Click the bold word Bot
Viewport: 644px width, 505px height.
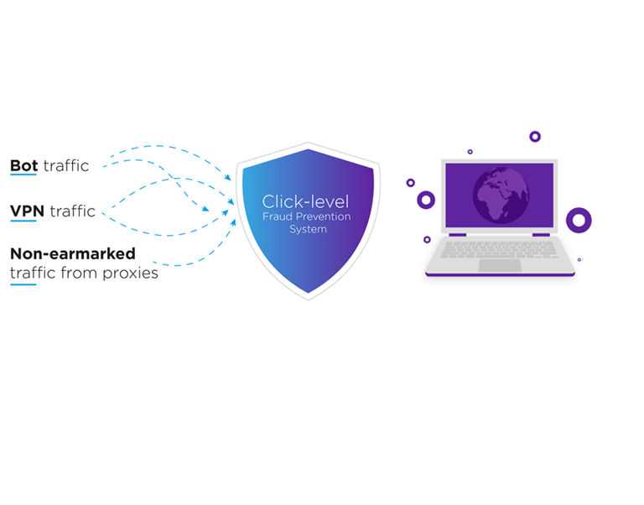click(23, 165)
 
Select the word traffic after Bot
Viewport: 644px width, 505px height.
click(65, 165)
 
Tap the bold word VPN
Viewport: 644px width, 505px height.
click(27, 211)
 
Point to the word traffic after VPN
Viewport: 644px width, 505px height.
click(72, 211)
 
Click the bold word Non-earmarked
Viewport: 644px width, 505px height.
click(72, 252)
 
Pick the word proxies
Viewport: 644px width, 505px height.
click(131, 273)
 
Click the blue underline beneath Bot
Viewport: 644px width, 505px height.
click(23, 175)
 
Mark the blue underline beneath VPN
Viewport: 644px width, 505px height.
click(23, 221)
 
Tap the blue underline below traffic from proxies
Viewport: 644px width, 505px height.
click(23, 284)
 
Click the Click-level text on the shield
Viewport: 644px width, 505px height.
click(305, 201)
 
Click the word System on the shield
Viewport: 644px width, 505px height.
click(306, 228)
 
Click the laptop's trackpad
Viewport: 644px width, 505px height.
click(499, 265)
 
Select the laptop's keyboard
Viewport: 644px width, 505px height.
click(499, 249)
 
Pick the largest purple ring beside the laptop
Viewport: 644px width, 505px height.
click(579, 220)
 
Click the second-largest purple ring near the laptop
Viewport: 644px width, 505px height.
click(426, 200)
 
